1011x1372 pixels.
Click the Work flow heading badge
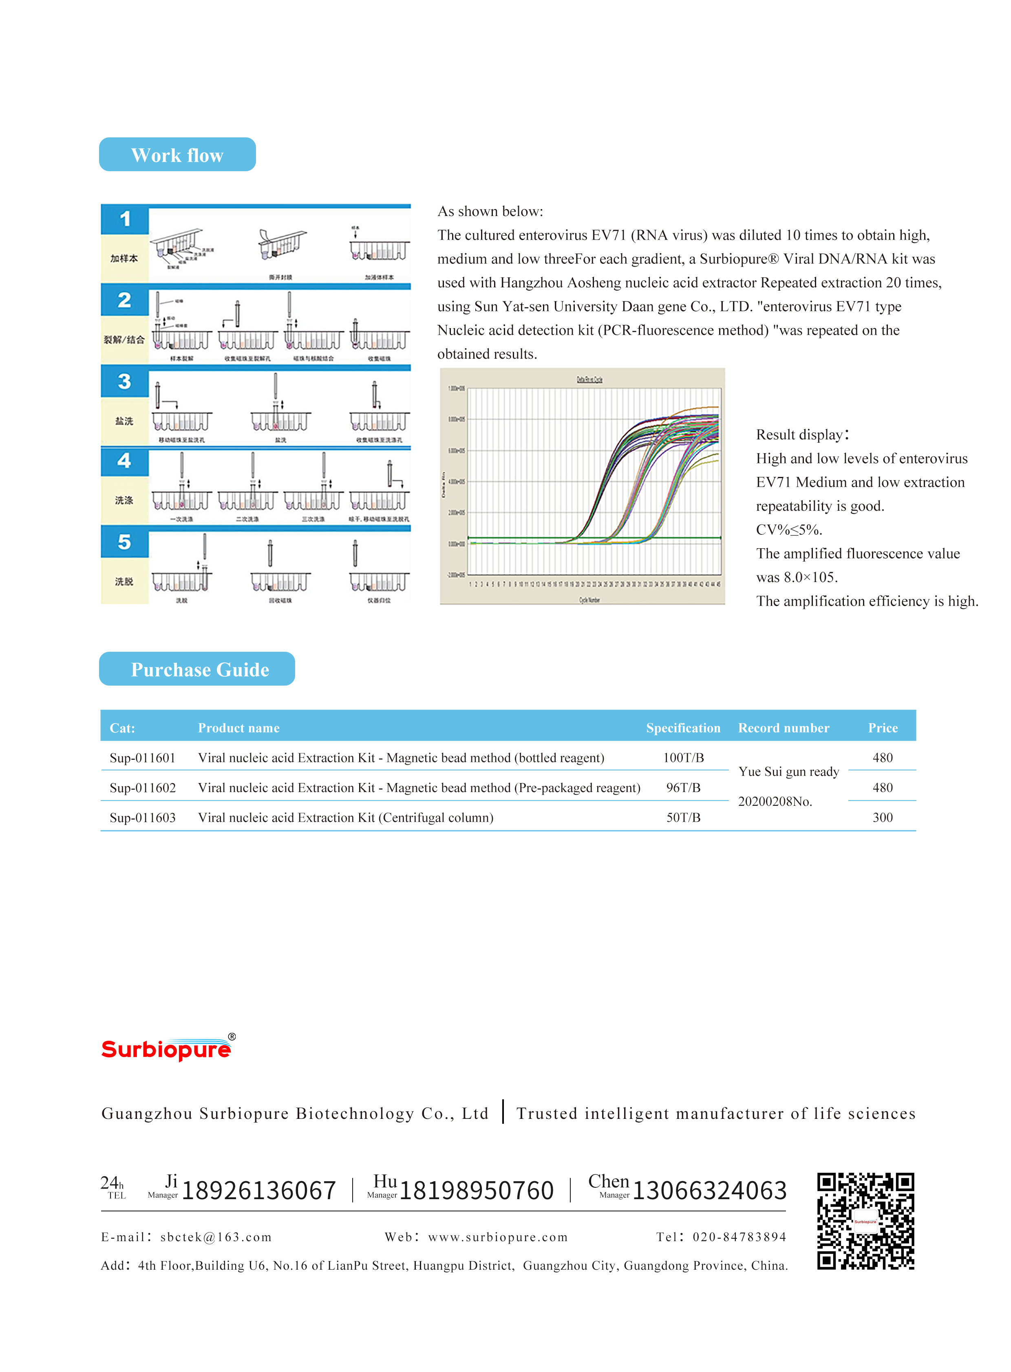pyautogui.click(x=177, y=155)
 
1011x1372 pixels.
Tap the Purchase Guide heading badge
pyautogui.click(x=196, y=669)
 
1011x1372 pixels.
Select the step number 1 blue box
pyautogui.click(x=125, y=219)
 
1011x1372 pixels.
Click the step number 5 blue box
pyautogui.click(x=125, y=542)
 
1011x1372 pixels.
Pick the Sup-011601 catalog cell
pyautogui.click(x=143, y=758)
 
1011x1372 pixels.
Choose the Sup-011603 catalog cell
pyautogui.click(x=143, y=818)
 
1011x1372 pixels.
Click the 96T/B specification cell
pyautogui.click(x=683, y=787)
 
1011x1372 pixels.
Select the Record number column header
pyautogui.click(x=784, y=728)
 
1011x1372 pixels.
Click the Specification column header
pyautogui.click(x=683, y=728)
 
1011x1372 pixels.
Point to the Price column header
pyautogui.click(x=883, y=728)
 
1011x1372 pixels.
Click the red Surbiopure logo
pyautogui.click(x=166, y=1049)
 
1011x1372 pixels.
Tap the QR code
pyautogui.click(x=865, y=1221)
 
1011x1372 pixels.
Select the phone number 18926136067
pyautogui.click(x=259, y=1190)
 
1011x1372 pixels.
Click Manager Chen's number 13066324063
pyautogui.click(x=709, y=1190)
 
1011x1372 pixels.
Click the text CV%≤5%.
pyautogui.click(x=789, y=530)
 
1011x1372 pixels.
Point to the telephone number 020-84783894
pyautogui.click(x=739, y=1237)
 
